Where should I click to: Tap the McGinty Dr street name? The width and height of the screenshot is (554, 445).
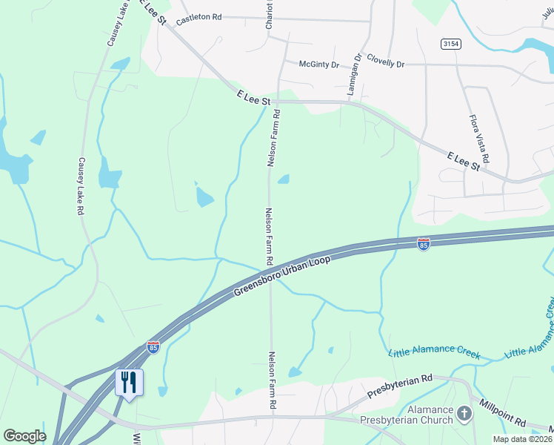(318, 64)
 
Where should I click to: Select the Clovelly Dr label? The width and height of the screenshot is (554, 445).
(385, 64)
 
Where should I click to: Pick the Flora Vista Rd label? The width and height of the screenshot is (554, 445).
(478, 139)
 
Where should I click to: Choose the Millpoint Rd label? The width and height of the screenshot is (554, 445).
(502, 413)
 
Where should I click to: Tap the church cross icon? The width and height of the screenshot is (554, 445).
(464, 413)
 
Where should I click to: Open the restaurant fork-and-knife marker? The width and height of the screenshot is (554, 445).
(130, 383)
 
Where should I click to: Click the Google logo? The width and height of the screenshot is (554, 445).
(24, 435)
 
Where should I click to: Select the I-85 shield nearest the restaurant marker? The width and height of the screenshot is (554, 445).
(153, 346)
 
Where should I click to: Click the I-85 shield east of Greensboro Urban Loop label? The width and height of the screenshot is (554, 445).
(423, 245)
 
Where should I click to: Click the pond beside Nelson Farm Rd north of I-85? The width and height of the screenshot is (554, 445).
(283, 179)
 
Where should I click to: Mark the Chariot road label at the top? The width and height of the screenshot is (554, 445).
(270, 15)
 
